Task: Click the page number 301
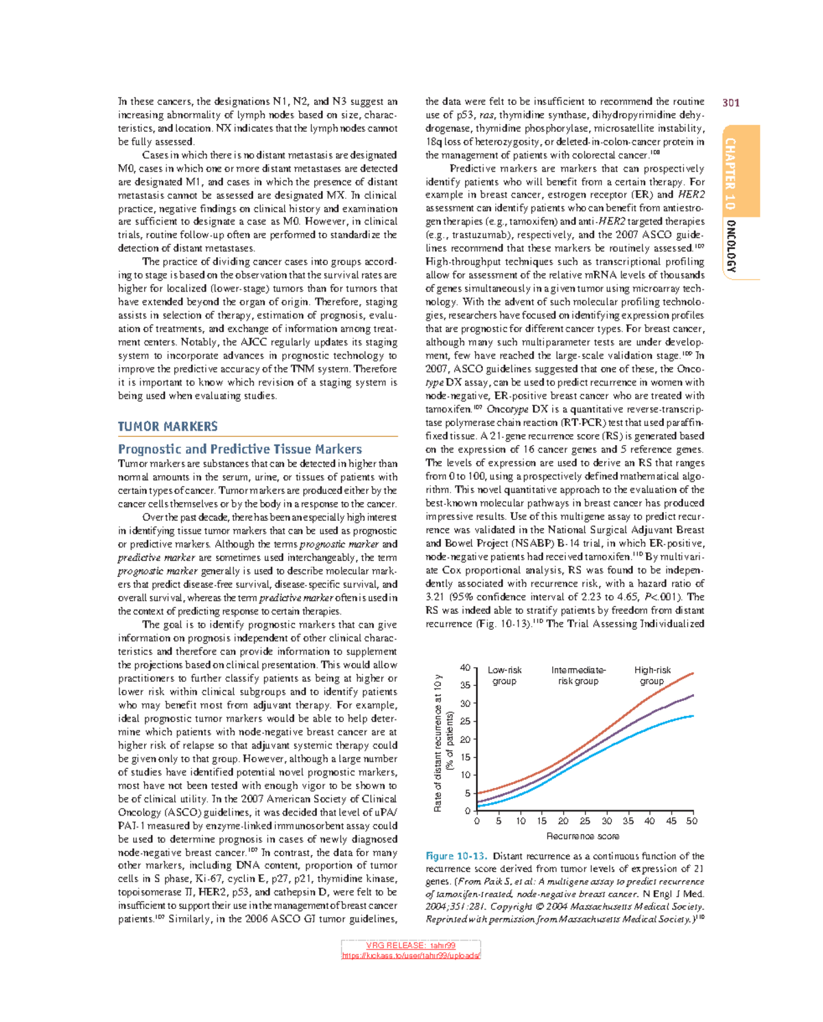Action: [730, 103]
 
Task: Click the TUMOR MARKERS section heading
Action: [167, 427]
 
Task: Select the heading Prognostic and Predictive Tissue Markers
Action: [239, 449]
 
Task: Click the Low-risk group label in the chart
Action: [504, 676]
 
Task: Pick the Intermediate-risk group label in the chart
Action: [578, 676]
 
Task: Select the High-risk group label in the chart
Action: [652, 676]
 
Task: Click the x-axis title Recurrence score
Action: [582, 836]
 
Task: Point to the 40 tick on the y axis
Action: [465, 667]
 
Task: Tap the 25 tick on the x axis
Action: [584, 821]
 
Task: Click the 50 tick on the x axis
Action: [691, 821]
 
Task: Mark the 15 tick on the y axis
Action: [465, 757]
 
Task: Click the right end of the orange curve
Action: [693, 673]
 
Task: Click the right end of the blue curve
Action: [693, 716]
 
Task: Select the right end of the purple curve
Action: [693, 695]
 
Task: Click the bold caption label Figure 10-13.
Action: [456, 856]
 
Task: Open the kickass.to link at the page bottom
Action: [411, 955]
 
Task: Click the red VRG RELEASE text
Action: [411, 946]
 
